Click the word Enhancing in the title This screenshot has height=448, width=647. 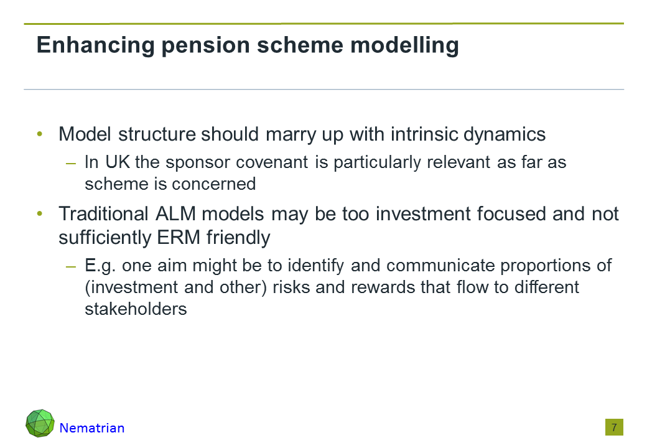pyautogui.click(x=95, y=45)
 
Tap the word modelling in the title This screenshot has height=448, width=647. pyautogui.click(x=404, y=45)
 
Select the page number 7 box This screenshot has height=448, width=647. pyautogui.click(x=614, y=427)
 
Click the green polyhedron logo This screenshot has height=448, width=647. pyautogui.click(x=40, y=423)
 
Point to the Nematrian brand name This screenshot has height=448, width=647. pyautogui.click(x=92, y=428)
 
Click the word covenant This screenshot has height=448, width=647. pyautogui.click(x=272, y=162)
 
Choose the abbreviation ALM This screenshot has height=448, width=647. pyautogui.click(x=176, y=214)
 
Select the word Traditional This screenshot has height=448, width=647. pyautogui.click(x=103, y=214)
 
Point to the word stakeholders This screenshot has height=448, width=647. pyautogui.click(x=136, y=309)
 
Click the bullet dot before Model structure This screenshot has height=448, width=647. pyautogui.click(x=40, y=134)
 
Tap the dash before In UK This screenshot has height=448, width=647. pyautogui.click(x=70, y=164)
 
